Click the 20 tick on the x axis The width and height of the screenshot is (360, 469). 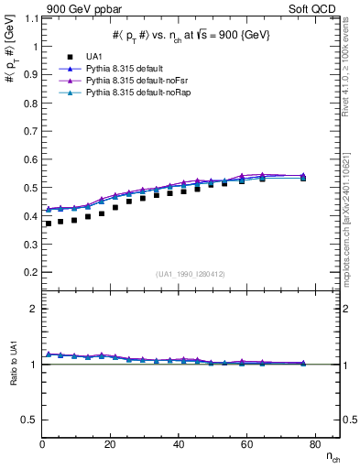tap(111, 444)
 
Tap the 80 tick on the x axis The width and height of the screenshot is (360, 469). tap(313, 444)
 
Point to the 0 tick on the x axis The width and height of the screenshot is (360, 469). tap(43, 444)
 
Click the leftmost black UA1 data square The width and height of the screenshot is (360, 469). tap(49, 224)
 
